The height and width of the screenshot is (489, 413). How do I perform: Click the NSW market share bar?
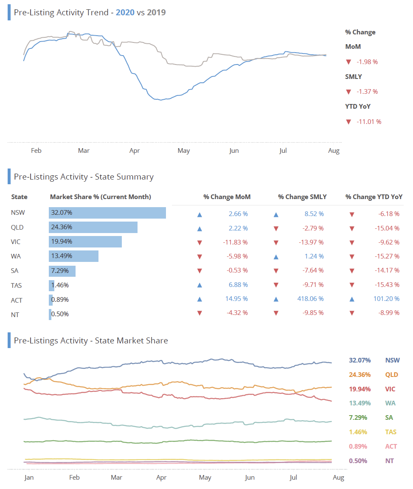[x=107, y=213]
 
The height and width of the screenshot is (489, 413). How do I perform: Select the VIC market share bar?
[x=85, y=242]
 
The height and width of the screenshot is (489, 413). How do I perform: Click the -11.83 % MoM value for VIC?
[x=235, y=242]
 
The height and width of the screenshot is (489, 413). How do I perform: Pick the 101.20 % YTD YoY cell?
[x=386, y=299]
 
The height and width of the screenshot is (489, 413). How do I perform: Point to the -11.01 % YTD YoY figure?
[x=369, y=122]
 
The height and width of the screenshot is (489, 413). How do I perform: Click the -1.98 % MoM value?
[x=367, y=62]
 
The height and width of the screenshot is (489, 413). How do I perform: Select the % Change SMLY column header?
[x=302, y=197]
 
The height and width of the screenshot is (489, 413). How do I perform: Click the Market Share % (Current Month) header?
[x=101, y=197]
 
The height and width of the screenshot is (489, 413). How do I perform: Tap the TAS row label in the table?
[x=17, y=286]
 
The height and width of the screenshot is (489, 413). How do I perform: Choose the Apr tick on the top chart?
[x=135, y=151]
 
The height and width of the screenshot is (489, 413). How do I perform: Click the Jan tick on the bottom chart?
[x=29, y=478]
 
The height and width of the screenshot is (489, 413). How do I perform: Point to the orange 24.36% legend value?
[x=360, y=375]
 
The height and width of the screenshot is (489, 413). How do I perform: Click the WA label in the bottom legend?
[x=390, y=403]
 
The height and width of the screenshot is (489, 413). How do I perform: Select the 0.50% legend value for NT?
[x=358, y=461]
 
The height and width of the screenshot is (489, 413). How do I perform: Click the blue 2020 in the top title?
[x=125, y=12]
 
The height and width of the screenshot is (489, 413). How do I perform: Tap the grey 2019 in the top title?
[x=156, y=12]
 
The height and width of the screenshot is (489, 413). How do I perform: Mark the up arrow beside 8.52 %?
[x=276, y=214]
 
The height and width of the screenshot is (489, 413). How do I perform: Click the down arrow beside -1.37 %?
[x=348, y=92]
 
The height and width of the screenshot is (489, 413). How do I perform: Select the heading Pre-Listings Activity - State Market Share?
[x=91, y=340]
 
